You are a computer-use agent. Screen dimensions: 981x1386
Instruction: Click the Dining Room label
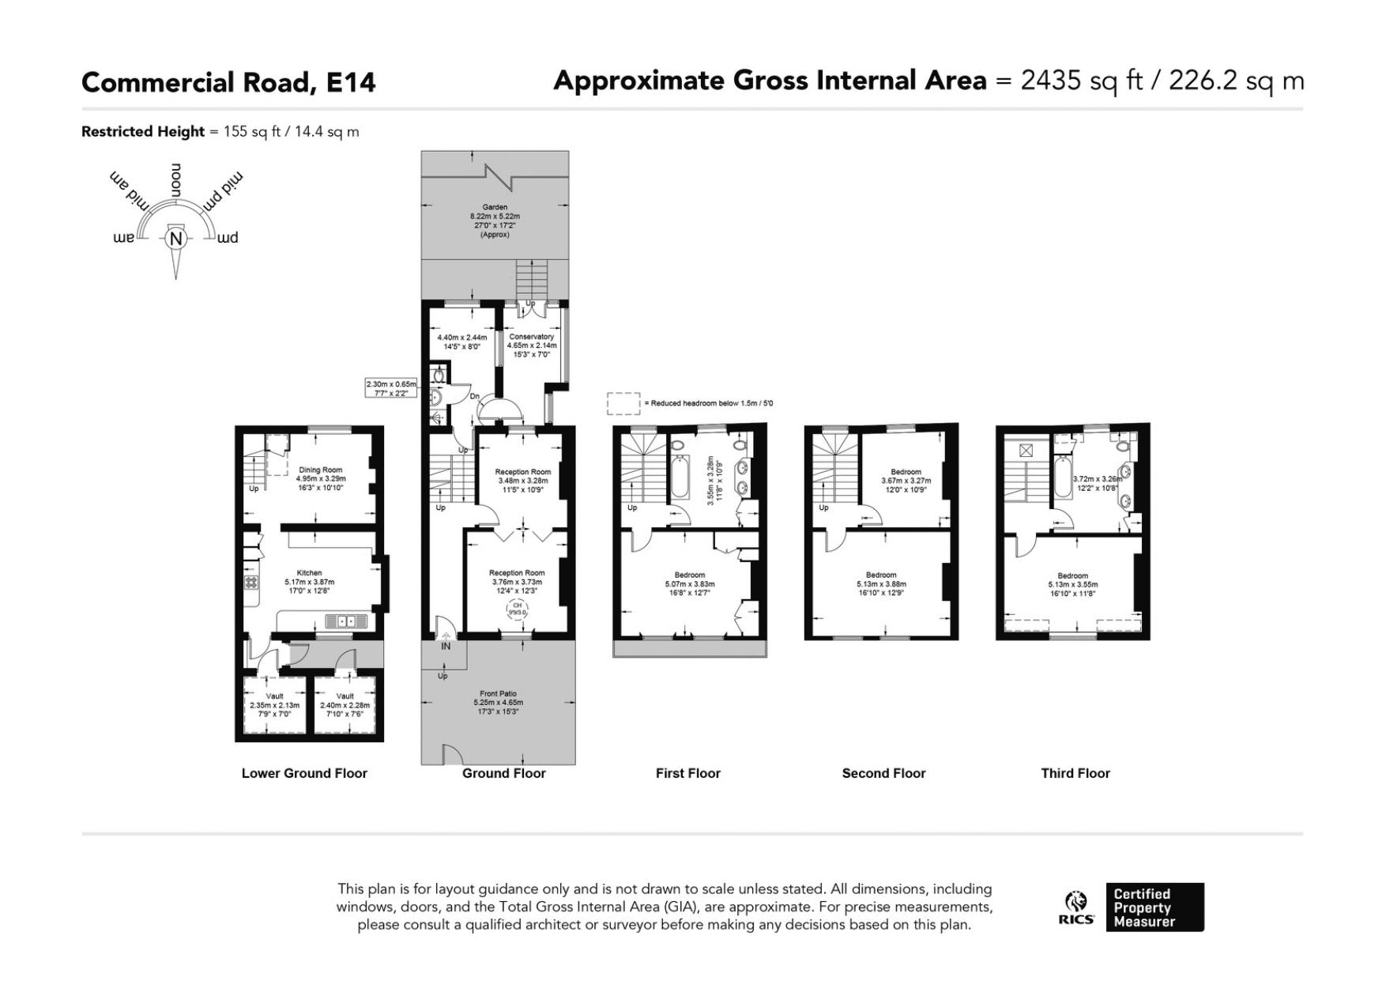point(320,470)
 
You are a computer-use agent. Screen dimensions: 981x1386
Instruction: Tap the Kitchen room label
point(309,573)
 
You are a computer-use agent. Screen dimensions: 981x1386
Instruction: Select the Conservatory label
point(531,337)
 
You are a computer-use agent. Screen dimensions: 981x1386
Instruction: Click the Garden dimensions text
point(495,221)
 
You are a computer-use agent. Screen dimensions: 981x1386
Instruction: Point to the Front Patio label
point(497,693)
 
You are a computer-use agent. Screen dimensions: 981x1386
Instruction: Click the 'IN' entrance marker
point(445,646)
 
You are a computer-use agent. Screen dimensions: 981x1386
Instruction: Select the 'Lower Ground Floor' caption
point(304,773)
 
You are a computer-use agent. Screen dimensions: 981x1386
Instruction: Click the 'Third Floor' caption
point(1075,773)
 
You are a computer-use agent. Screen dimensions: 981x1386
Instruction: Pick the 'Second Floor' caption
point(883,773)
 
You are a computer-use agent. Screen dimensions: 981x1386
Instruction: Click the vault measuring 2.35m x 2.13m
point(274,705)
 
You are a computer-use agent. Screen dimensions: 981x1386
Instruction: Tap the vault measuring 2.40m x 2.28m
point(345,705)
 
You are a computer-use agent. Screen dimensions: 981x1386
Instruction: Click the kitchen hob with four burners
point(251,583)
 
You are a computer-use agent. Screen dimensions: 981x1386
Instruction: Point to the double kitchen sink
point(346,621)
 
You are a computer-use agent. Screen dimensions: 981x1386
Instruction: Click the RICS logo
point(1076,907)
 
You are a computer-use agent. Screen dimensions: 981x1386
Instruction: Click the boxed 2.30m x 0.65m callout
point(390,388)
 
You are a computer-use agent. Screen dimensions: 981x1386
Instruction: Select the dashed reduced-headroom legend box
point(623,403)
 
